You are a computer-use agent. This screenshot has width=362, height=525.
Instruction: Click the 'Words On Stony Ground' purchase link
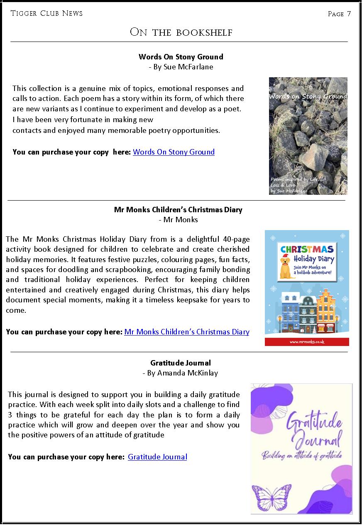coord(174,152)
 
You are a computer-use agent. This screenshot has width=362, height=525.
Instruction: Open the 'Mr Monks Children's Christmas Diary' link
coord(187,332)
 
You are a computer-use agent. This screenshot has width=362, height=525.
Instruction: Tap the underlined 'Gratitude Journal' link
coord(157,457)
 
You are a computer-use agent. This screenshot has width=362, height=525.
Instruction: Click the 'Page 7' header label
coord(339,14)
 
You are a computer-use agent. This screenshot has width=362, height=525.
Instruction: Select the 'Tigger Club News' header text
coord(46,14)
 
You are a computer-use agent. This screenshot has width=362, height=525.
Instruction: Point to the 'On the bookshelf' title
coord(181,32)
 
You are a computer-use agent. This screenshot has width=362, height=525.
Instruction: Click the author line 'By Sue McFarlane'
coord(181,67)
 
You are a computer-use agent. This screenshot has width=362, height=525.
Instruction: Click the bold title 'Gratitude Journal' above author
coord(181,363)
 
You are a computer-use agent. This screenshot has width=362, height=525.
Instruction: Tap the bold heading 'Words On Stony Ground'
coord(181,57)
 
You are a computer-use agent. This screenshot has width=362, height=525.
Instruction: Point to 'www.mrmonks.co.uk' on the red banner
coord(307,342)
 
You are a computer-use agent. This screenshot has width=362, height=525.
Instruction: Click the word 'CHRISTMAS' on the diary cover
coord(307,250)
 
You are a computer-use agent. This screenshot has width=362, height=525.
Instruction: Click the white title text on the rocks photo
coord(308,97)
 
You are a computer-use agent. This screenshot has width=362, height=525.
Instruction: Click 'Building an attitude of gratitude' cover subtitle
coord(301,456)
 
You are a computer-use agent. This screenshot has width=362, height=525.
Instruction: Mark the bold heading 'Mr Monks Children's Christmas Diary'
coord(178,210)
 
